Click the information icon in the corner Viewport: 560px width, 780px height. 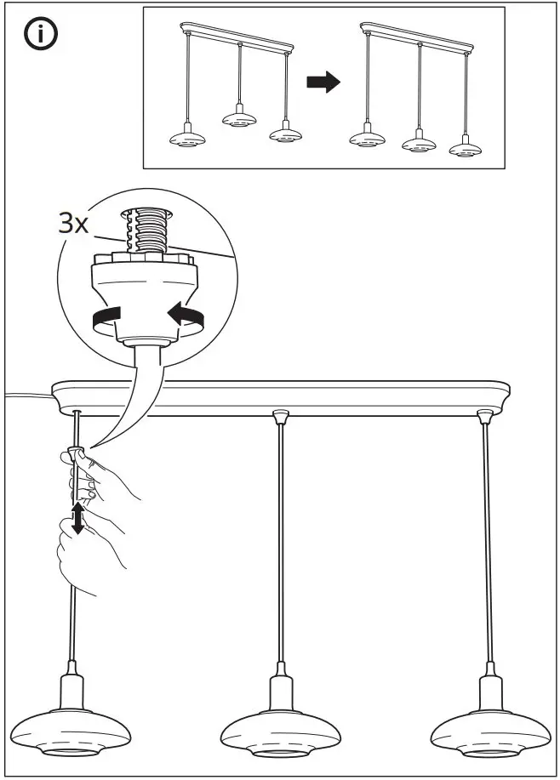(x=39, y=37)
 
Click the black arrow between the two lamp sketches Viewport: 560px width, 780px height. (x=323, y=83)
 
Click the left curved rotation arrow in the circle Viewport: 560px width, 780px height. (x=106, y=319)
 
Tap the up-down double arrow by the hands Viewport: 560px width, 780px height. (x=77, y=517)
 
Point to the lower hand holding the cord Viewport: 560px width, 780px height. (x=85, y=553)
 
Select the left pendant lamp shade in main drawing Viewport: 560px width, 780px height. (x=76, y=727)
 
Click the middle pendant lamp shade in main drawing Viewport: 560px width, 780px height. (x=282, y=729)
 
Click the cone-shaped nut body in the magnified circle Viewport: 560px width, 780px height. (x=147, y=288)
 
